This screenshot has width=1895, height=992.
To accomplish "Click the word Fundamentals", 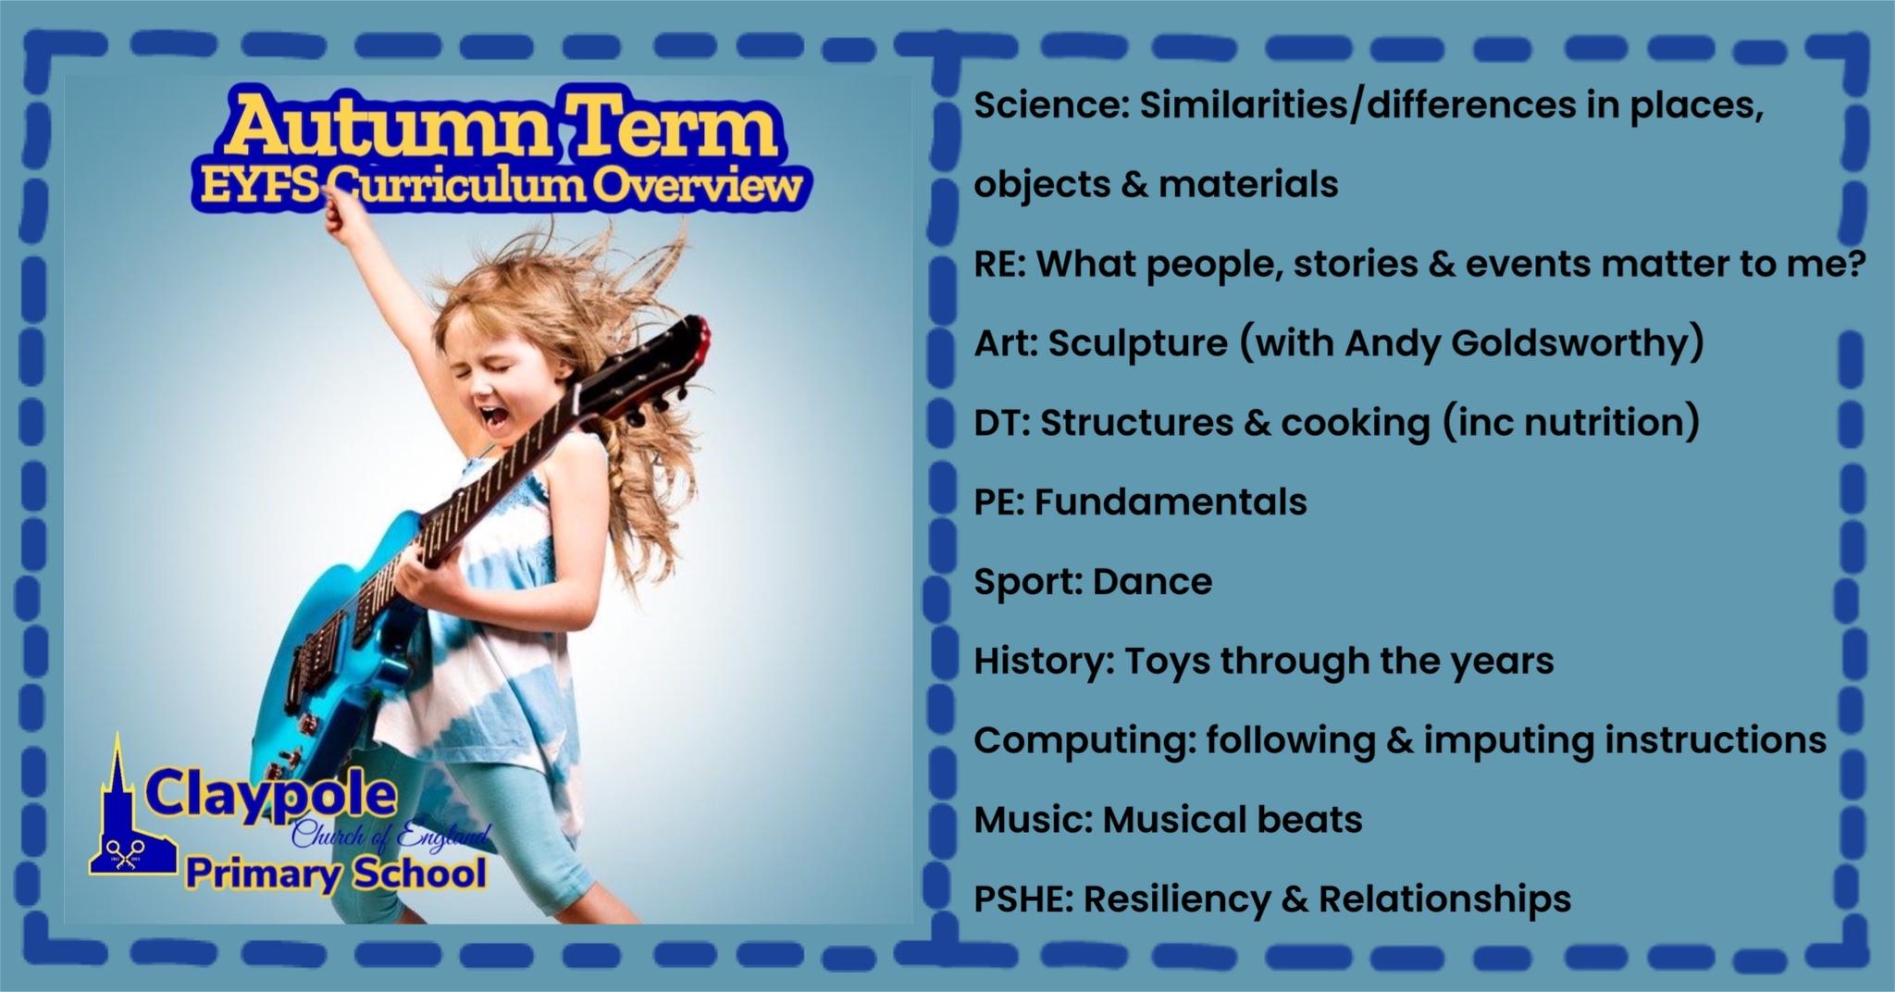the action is point(1170,502).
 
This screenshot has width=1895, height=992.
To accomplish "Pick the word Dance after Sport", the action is point(1152,581).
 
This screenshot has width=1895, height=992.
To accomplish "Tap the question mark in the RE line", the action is point(1852,264).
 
